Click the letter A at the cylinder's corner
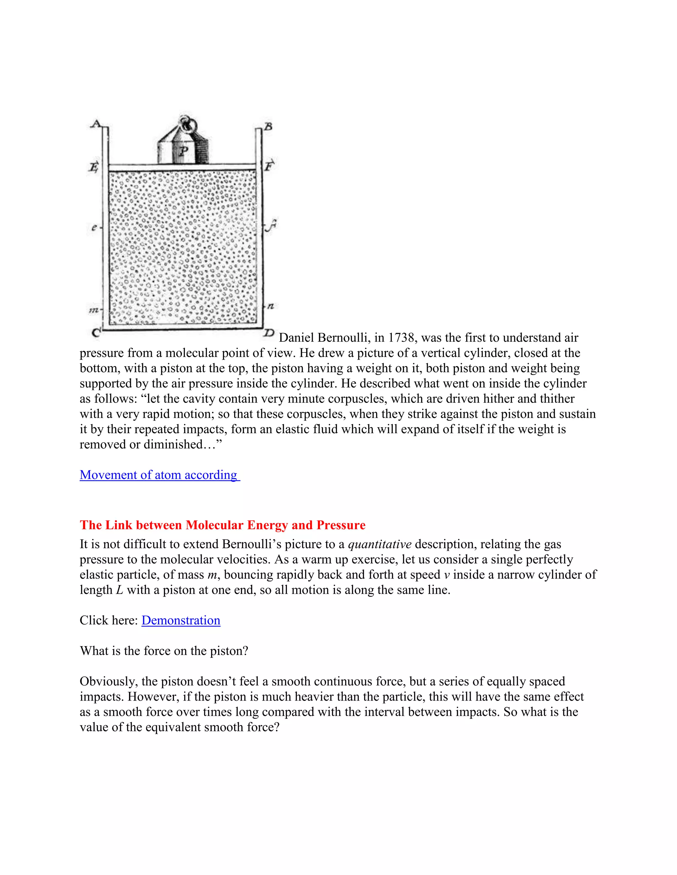coord(95,123)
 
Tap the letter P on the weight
coord(184,151)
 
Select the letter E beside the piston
coord(94,167)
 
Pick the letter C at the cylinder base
coord(96,332)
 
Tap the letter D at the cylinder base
coord(269,332)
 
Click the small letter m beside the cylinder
coord(94,310)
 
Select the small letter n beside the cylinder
coord(271,306)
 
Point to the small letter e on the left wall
coord(94,227)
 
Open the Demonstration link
coord(181,620)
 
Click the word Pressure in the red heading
coord(341,525)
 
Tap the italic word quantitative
coord(379,544)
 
